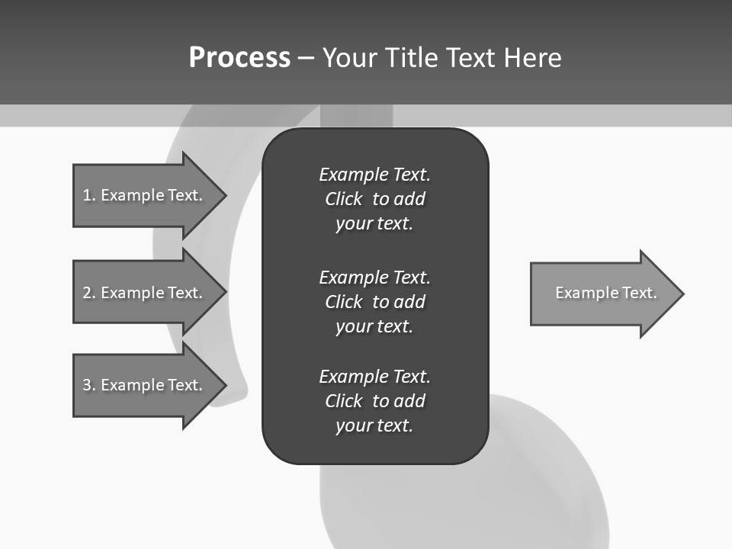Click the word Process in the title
pyautogui.click(x=239, y=57)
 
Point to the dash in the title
pyautogui.click(x=306, y=58)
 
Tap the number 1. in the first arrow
pyautogui.click(x=89, y=195)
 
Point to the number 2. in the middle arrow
pyautogui.click(x=89, y=293)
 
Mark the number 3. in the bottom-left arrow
pyautogui.click(x=89, y=385)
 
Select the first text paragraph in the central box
pyautogui.click(x=374, y=199)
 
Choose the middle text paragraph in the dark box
pyautogui.click(x=374, y=301)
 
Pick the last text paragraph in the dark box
pyautogui.click(x=374, y=401)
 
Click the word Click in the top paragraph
pyautogui.click(x=344, y=199)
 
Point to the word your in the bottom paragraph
pyautogui.click(x=351, y=425)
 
